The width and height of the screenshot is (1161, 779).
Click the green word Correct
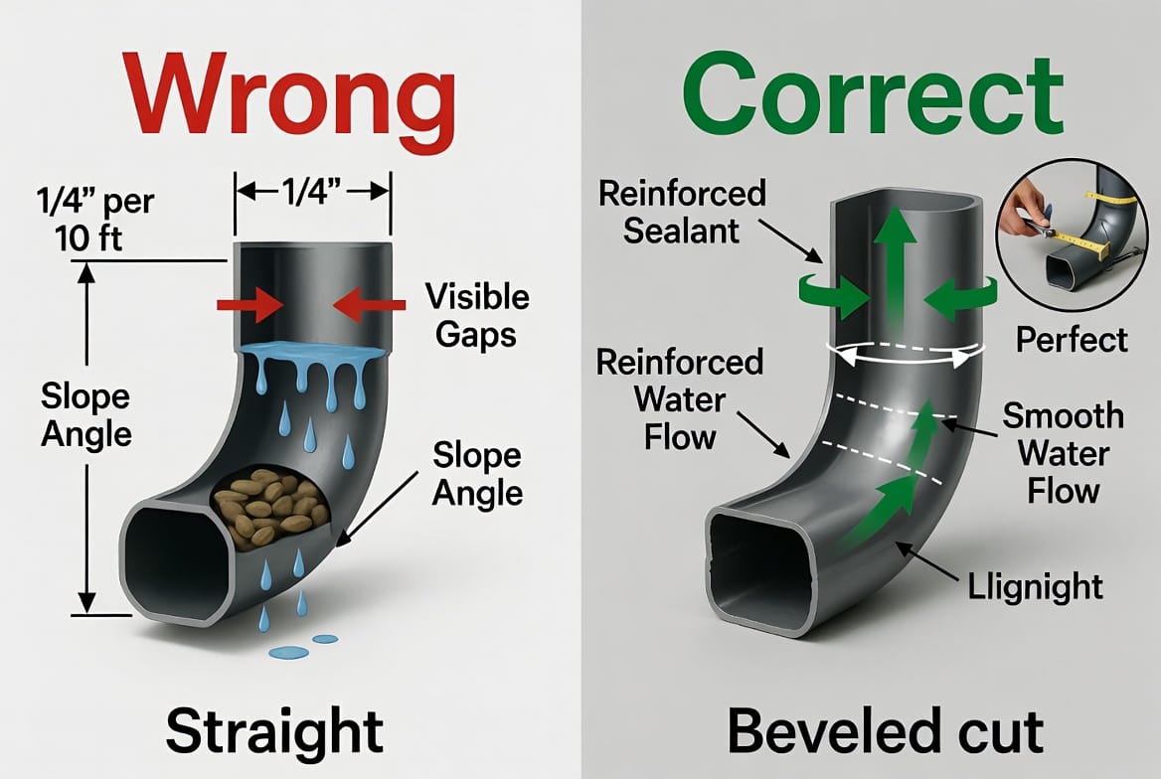[872, 94]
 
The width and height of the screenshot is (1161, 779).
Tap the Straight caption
[274, 730]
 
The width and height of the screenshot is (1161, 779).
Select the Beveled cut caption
[886, 730]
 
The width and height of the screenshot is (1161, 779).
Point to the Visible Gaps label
[477, 315]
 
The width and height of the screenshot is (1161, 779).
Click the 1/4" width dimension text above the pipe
[312, 192]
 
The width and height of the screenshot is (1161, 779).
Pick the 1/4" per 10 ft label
[94, 220]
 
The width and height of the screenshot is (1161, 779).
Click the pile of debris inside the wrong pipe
[270, 507]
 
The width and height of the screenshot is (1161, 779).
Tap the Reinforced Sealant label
[682, 212]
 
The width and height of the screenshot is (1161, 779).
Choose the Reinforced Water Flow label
[680, 399]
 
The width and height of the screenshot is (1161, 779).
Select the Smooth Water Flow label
[1064, 453]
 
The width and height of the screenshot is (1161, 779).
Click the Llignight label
[1035, 587]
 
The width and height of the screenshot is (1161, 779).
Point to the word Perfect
[1072, 341]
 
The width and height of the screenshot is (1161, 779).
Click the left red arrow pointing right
[250, 304]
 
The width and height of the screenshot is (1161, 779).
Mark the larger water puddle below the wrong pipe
[289, 653]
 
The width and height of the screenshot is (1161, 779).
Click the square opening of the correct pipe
[761, 565]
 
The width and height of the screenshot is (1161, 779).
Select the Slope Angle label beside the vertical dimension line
[85, 415]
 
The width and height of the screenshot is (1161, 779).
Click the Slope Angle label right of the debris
[477, 475]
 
